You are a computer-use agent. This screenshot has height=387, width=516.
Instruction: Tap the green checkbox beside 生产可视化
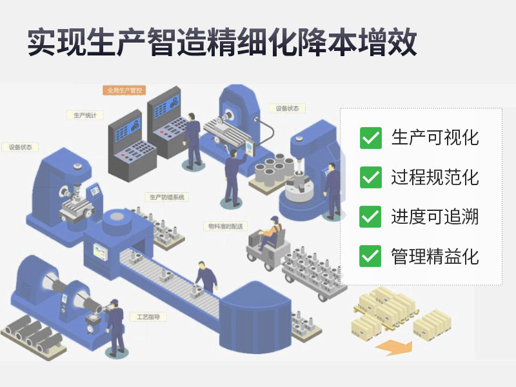coord(370,137)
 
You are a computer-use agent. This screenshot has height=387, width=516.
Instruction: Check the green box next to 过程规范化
coord(370,177)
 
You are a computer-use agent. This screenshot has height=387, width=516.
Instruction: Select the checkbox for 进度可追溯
coord(370,216)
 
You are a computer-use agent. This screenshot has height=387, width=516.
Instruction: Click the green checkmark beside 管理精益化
coord(370,255)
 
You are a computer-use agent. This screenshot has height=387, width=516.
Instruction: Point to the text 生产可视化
coord(435,137)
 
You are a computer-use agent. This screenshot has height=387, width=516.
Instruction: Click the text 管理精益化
coord(435,256)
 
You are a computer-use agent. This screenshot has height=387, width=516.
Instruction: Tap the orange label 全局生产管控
coord(123,90)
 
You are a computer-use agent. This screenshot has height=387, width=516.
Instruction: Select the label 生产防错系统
coord(166,197)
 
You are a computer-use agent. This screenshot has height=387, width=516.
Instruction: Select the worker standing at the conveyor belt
coord(206,277)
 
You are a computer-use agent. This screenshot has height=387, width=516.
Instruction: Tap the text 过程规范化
coord(435,177)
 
